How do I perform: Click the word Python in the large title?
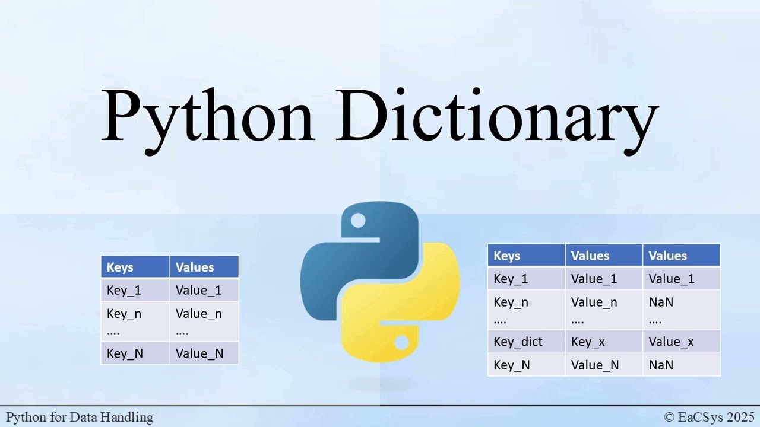tap(207, 116)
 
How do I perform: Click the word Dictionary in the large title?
tap(498, 116)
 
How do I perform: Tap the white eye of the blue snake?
tap(358, 221)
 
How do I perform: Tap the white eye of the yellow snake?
tap(401, 342)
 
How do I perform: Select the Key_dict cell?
tap(518, 342)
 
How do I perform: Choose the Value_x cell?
tap(671, 342)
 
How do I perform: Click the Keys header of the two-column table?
tap(120, 267)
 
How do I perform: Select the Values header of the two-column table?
tap(195, 267)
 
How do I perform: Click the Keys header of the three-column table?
tap(506, 256)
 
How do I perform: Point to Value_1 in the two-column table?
tap(198, 290)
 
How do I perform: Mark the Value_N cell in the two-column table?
tap(199, 353)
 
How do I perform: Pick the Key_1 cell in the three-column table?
tap(511, 279)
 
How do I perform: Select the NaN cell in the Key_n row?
tap(661, 302)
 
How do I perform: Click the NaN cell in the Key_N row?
tap(661, 365)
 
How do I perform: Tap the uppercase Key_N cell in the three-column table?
tap(511, 365)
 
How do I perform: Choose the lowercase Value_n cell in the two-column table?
tap(198, 314)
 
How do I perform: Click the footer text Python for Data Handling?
tap(80, 418)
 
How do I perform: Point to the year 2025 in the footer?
tap(740, 418)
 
